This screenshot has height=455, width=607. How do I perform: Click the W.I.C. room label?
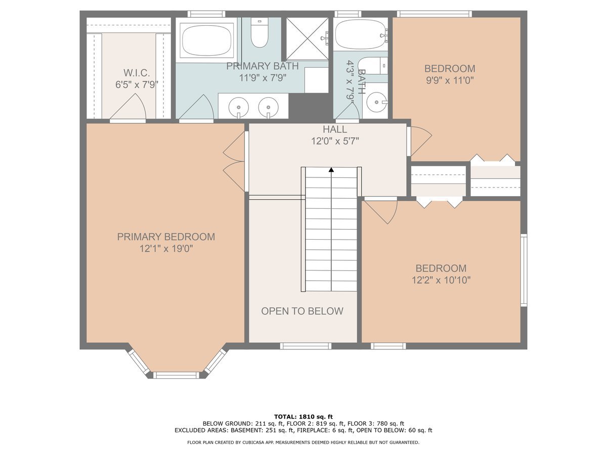[x=137, y=73]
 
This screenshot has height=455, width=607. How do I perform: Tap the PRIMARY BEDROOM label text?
[x=166, y=237]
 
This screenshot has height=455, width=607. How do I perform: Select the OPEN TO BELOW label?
[x=302, y=311]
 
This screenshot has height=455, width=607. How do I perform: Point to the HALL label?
[x=335, y=129]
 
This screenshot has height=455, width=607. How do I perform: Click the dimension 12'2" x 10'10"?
[x=441, y=281]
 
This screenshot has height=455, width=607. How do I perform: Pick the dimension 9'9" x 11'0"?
[x=450, y=80]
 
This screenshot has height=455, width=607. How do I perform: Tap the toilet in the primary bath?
[x=259, y=32]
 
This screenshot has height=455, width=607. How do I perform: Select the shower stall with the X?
[x=307, y=39]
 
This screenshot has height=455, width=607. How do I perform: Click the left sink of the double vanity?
[x=238, y=107]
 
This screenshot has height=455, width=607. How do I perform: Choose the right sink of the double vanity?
[x=268, y=107]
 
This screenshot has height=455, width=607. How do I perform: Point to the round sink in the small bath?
[x=376, y=102]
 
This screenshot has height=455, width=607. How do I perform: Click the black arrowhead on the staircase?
[x=331, y=170]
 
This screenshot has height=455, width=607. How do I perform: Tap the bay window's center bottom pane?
[x=176, y=375]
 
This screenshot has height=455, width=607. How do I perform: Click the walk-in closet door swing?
[x=128, y=107]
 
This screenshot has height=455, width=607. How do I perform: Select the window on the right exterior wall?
[x=524, y=270]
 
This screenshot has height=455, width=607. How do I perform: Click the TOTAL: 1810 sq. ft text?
[x=303, y=417]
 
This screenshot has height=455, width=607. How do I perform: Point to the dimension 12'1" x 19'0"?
[x=166, y=249]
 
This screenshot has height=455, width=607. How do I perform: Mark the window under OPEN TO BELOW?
[x=306, y=346]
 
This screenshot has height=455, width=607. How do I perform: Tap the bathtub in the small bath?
[x=360, y=35]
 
